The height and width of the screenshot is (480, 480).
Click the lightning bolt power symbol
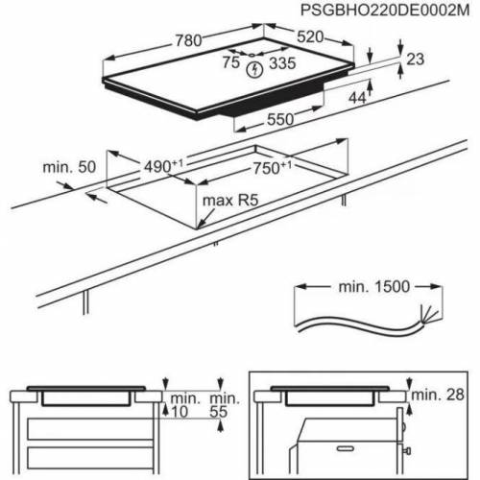(255, 69)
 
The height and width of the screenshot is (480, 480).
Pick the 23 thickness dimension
(415, 60)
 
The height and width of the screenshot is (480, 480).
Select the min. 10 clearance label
(179, 404)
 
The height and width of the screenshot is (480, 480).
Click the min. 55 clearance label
(223, 404)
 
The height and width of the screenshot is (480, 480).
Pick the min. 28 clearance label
(438, 396)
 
